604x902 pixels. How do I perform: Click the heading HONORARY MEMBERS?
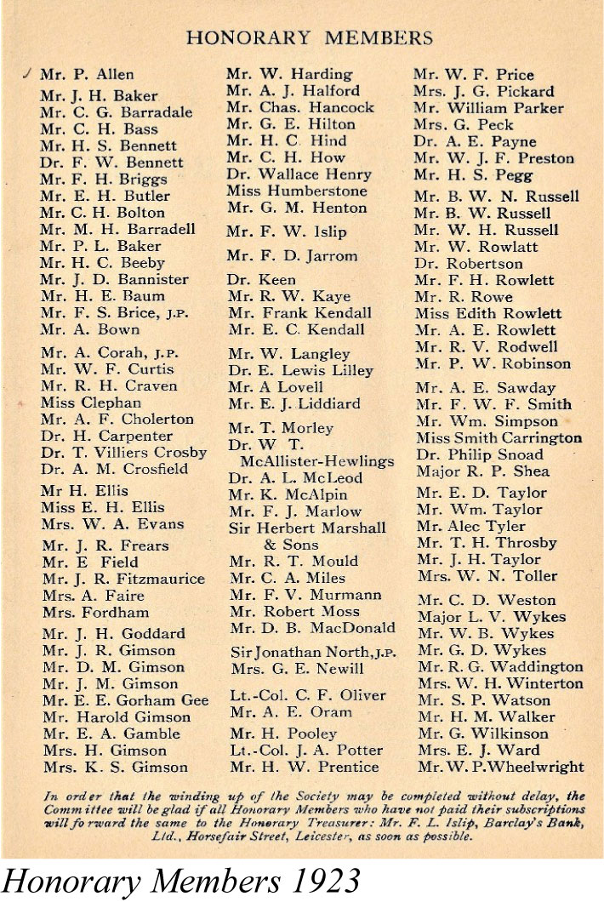point(310,37)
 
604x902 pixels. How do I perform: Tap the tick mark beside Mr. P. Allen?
point(30,74)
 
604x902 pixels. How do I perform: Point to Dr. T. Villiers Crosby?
point(123,452)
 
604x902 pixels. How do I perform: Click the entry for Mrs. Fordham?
point(95,612)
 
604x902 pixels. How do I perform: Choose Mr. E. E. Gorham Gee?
point(125,700)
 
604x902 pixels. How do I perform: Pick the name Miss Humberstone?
point(296,191)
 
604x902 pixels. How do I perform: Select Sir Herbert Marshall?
point(307,528)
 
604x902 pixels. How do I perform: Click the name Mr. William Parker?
point(488,108)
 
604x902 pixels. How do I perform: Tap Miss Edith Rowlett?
point(488,313)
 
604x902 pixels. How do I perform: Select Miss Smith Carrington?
point(499,438)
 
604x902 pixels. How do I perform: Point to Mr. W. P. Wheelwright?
point(501,768)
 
